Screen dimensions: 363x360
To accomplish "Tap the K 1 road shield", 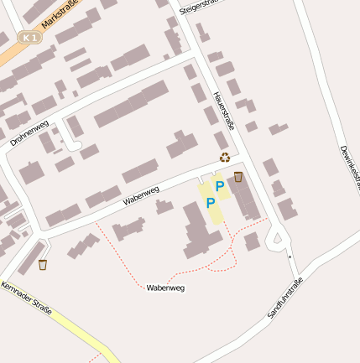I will point(29,38).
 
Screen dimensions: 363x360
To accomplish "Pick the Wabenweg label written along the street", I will point(141,195).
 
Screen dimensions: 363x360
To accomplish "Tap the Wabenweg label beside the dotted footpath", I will point(164,288).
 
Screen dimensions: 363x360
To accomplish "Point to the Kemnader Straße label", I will point(27,299).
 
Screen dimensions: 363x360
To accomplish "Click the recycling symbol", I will point(224,157).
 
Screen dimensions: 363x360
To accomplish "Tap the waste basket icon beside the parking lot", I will point(238,177).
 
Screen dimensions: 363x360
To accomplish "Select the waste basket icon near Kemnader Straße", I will point(43,265).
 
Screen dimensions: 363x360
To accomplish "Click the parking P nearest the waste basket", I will point(220,185).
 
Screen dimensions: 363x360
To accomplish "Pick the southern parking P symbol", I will point(211,202).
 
